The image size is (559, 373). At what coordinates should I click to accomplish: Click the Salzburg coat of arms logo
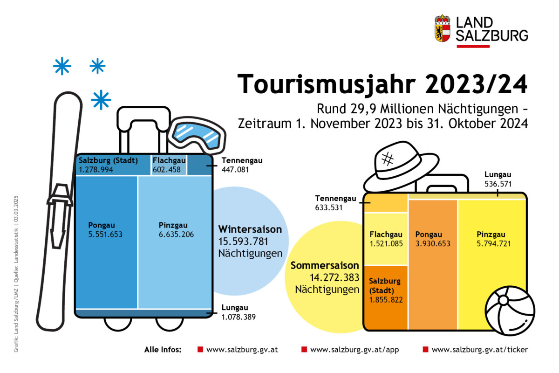click(x=442, y=28)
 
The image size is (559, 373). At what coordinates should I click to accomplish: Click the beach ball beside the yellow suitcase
click(x=510, y=311)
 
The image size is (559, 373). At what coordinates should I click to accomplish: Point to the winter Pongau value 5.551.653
click(x=105, y=235)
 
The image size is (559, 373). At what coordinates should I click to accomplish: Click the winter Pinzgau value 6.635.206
click(x=176, y=235)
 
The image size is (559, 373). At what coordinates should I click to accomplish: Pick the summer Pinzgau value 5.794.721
click(x=494, y=243)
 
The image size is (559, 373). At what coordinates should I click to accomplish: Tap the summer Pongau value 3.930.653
click(x=433, y=243)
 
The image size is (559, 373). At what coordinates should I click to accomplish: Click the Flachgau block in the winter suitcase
click(x=169, y=165)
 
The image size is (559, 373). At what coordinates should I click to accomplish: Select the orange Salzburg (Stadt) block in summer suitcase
click(x=386, y=297)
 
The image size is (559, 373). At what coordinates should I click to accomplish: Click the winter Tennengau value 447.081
click(x=235, y=170)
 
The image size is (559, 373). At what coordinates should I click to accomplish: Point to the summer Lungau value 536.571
click(x=498, y=184)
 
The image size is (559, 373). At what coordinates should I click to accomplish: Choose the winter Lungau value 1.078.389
click(x=239, y=317)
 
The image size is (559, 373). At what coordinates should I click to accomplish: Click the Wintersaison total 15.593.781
click(x=243, y=242)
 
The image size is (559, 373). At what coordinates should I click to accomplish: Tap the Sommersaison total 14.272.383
click(x=334, y=277)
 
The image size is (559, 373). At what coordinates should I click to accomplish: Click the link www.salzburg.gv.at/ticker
click(x=479, y=350)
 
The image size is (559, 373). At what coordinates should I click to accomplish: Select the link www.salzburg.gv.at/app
click(x=354, y=350)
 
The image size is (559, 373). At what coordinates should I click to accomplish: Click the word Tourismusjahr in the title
click(x=327, y=84)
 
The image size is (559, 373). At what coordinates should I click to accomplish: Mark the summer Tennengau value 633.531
click(x=329, y=207)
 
